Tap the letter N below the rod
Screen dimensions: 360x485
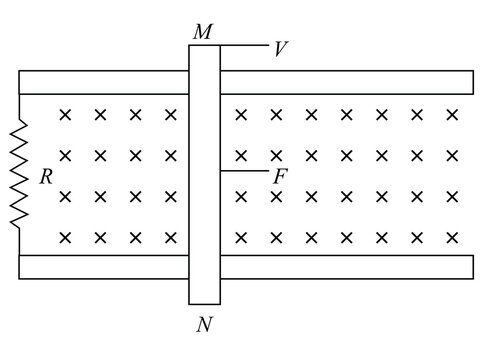coord(205,324)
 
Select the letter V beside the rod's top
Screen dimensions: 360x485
coord(281,47)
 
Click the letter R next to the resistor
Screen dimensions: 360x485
coord(45,177)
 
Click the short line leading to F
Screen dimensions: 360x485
coord(243,171)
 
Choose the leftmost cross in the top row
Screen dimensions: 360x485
coord(65,115)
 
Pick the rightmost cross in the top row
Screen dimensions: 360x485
coord(452,115)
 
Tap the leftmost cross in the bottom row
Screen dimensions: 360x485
coord(65,237)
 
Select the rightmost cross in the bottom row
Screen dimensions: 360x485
coord(452,237)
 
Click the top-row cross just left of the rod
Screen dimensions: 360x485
coord(171,115)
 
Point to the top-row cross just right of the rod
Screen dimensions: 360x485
coord(240,115)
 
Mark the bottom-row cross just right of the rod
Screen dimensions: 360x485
coord(240,237)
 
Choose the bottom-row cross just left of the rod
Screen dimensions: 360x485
coord(171,237)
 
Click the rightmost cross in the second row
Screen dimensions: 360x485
coord(452,156)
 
